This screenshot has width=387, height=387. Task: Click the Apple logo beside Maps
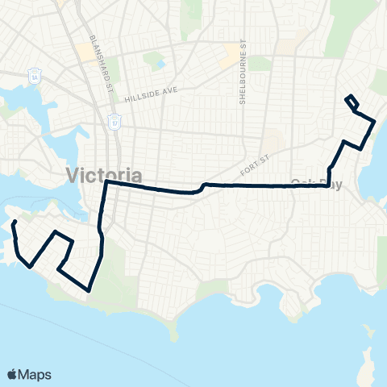click(13, 374)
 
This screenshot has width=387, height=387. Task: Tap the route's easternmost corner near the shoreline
click(374, 121)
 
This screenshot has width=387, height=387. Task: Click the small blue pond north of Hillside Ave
click(160, 63)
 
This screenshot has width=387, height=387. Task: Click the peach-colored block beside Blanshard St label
click(85, 52)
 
